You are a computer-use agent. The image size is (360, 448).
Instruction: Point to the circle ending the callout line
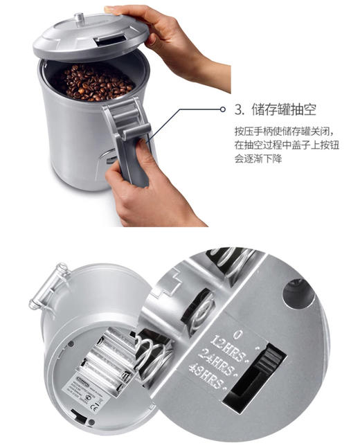[x=222, y=109]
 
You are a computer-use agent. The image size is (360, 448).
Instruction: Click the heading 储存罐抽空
[x=284, y=109]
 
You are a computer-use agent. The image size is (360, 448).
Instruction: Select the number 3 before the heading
[x=240, y=109]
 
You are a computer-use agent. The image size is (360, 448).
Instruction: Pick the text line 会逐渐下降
[x=260, y=159]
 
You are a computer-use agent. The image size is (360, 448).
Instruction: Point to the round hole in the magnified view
[x=298, y=293]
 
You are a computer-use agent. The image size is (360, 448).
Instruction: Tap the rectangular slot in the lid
[x=111, y=40]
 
